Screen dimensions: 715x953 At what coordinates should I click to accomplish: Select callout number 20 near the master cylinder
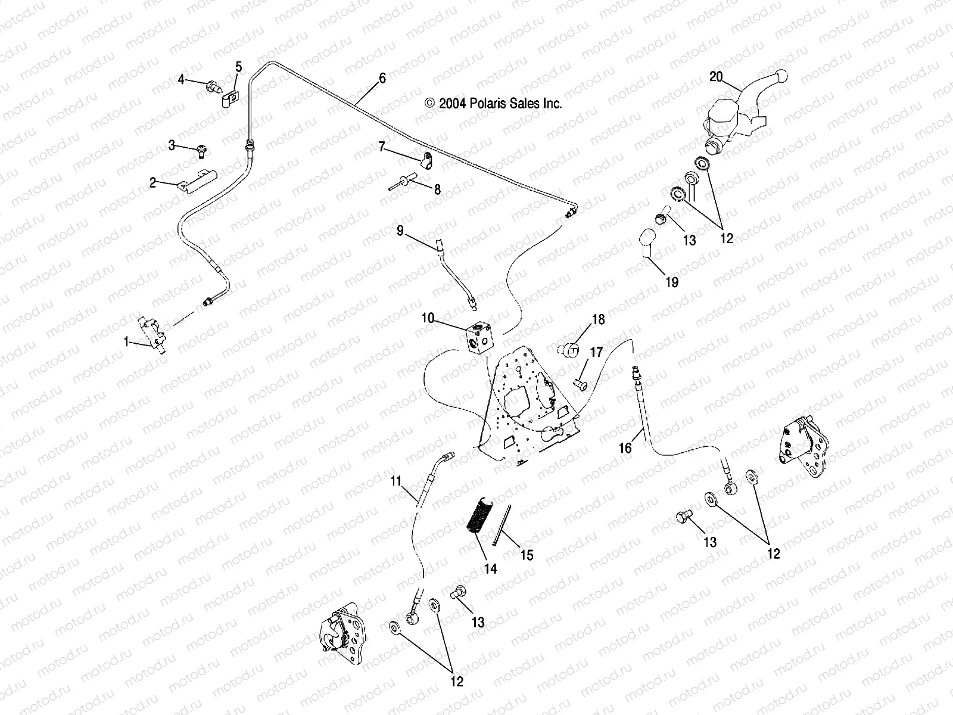click(x=716, y=76)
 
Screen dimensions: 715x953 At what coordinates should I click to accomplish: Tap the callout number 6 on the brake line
click(x=382, y=78)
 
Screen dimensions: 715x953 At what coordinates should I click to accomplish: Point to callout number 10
click(x=428, y=318)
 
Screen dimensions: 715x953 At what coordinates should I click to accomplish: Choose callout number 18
click(x=598, y=319)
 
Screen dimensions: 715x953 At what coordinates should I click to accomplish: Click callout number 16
click(x=625, y=447)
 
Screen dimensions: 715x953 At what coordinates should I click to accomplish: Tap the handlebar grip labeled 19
click(x=649, y=244)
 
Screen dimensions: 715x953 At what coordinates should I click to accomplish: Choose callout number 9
click(x=400, y=229)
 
